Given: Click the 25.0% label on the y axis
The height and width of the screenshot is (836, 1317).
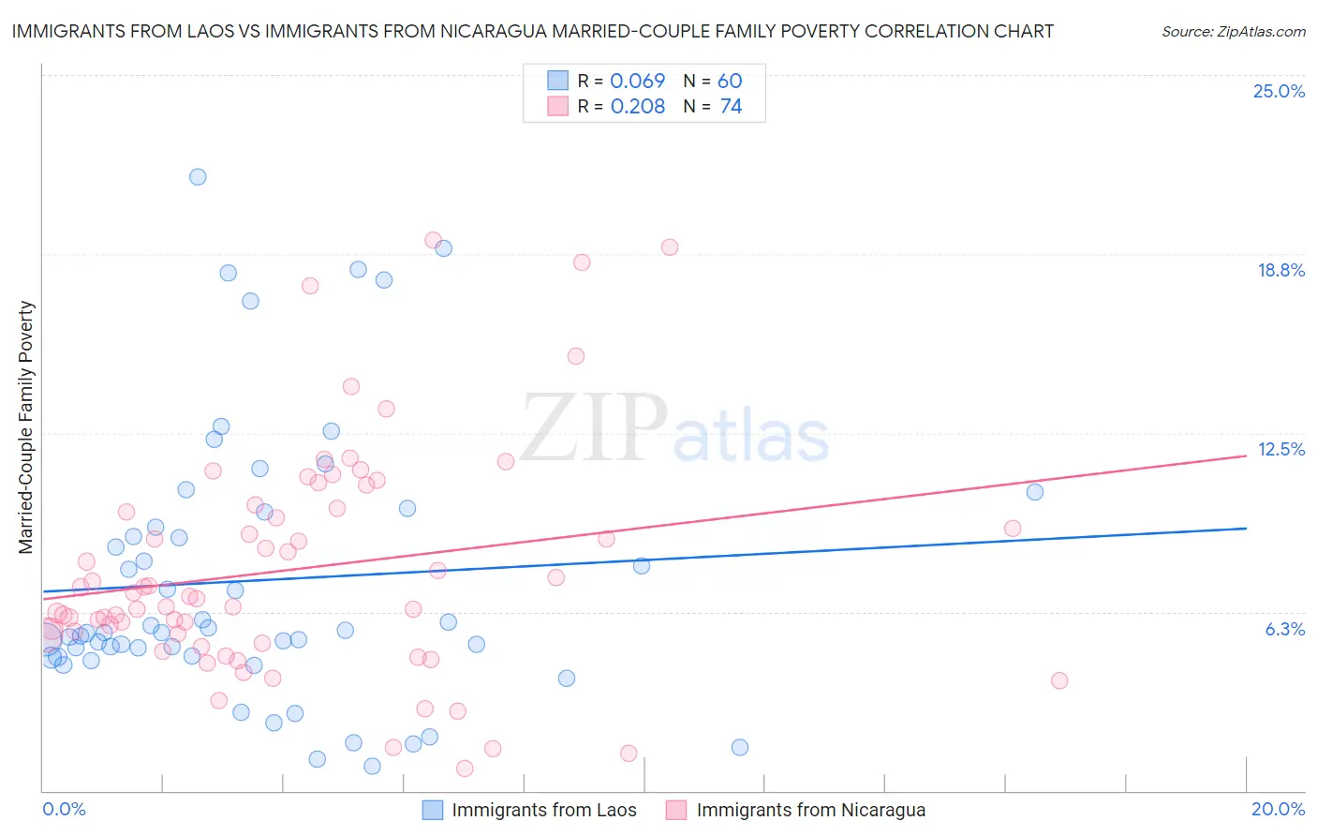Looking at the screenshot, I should [x=1279, y=91].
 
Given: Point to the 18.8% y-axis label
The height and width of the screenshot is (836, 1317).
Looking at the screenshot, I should [x=1280, y=270].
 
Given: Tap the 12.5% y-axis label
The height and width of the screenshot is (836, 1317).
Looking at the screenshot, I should [x=1280, y=449].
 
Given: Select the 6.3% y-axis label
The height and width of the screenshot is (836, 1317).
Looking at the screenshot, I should [x=1284, y=629].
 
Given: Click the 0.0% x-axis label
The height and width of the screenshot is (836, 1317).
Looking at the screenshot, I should [x=64, y=809].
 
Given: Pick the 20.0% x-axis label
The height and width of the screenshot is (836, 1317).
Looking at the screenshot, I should [x=1278, y=809].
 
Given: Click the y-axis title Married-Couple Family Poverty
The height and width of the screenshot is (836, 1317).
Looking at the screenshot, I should [x=26, y=427].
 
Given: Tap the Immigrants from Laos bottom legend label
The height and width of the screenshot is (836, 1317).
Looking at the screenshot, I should [x=543, y=810].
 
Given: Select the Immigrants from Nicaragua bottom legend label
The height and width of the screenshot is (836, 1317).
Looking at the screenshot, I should [x=810, y=810].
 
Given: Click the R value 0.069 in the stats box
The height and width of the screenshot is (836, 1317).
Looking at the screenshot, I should [x=637, y=82].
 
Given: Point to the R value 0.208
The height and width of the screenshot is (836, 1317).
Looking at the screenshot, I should [x=637, y=107].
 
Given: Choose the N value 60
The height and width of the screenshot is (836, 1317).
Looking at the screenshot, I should [x=730, y=82].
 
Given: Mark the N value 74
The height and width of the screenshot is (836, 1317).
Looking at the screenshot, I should [x=731, y=107].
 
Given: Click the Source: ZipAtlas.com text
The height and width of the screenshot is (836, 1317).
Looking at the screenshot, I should [x=1233, y=32].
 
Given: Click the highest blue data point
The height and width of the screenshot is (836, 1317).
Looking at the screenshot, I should [x=198, y=177].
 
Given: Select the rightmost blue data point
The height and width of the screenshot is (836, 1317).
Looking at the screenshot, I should [x=1034, y=492].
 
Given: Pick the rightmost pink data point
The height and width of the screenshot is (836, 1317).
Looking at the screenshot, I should [x=1059, y=680].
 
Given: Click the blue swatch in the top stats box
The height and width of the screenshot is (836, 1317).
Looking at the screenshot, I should [x=558, y=81].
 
